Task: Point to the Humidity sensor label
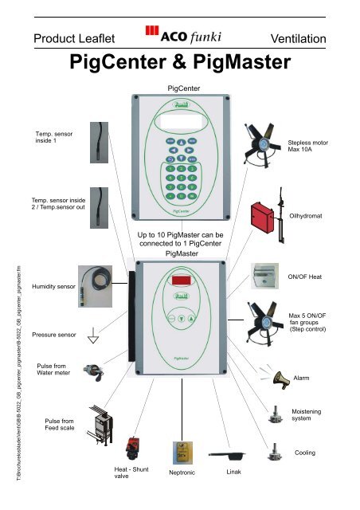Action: click(53, 285)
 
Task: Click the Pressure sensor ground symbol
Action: click(93, 337)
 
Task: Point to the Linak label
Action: click(233, 473)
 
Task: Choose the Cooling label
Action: click(304, 453)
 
